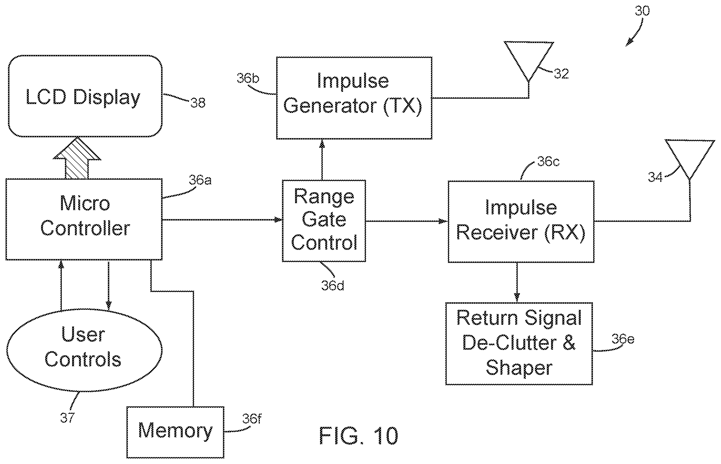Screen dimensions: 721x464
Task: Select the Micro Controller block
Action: [84, 219]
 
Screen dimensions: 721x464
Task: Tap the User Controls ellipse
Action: [84, 350]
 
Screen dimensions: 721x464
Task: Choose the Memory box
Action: [175, 432]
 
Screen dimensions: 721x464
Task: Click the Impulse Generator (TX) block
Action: [354, 98]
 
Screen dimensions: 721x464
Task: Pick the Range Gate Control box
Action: [324, 221]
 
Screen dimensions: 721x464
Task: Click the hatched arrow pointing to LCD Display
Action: [77, 158]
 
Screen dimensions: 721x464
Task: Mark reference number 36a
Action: [200, 180]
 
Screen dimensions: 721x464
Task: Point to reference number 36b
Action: [248, 78]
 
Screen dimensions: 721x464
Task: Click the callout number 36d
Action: [332, 286]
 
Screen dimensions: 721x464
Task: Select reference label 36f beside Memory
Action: [252, 419]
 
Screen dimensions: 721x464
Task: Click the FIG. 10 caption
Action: [358, 436]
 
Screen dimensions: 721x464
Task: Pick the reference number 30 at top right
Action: [643, 11]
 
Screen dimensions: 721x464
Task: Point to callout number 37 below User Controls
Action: [67, 418]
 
